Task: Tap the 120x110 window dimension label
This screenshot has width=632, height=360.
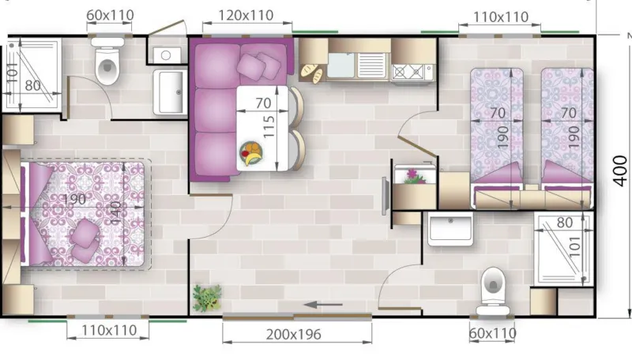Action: tap(239, 15)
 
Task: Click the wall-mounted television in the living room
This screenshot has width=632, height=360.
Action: tap(385, 196)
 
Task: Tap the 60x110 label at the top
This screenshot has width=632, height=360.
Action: tap(110, 15)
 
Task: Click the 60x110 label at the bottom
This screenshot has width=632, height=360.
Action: tap(493, 333)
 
